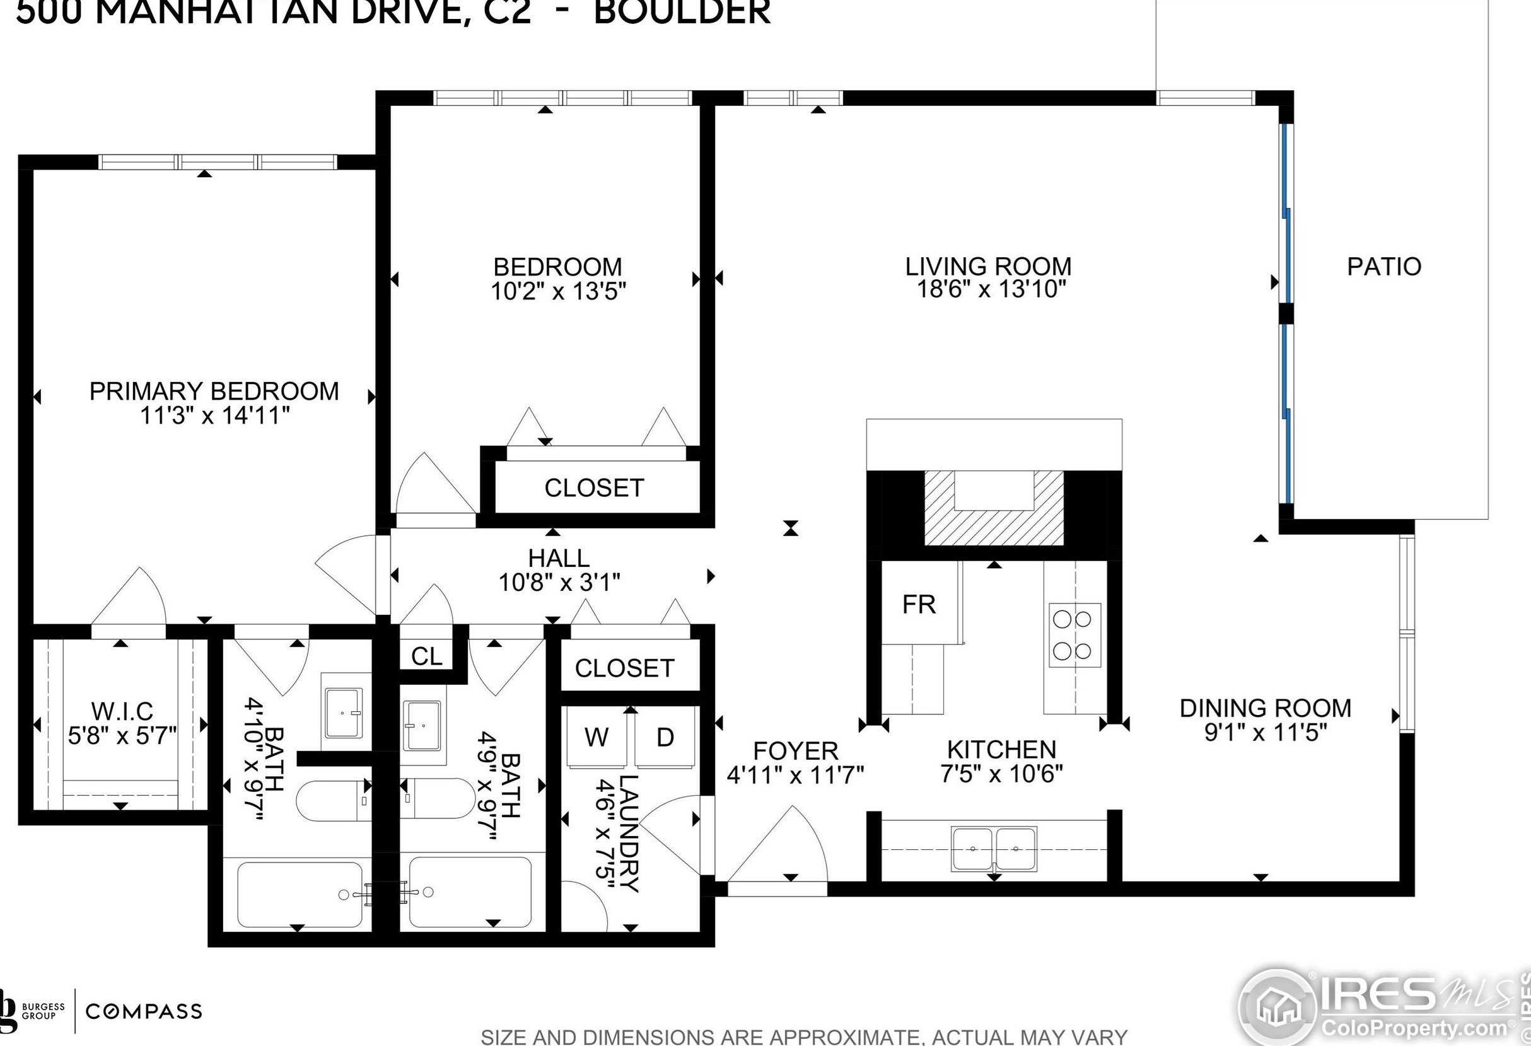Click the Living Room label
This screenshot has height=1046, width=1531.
click(x=988, y=267)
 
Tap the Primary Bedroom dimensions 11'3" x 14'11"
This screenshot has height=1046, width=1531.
click(x=215, y=415)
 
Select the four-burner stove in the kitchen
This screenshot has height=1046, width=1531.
click(x=1074, y=636)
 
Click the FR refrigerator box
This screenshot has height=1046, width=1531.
click(x=919, y=604)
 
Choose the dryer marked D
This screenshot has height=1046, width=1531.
click(x=665, y=737)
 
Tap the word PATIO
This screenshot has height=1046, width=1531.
click(x=1384, y=267)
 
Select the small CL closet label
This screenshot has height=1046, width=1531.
click(x=427, y=656)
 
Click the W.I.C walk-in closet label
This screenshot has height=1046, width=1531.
click(x=122, y=711)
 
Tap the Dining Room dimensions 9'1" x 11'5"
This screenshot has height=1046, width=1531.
click(x=1265, y=733)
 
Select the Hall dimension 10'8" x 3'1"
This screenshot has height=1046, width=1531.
click(x=559, y=583)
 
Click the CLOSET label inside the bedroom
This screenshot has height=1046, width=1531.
click(x=593, y=488)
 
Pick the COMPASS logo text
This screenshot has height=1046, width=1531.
click(x=144, y=1011)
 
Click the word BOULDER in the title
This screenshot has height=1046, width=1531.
click(x=682, y=12)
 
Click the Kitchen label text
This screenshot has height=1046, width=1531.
click(x=1001, y=750)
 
